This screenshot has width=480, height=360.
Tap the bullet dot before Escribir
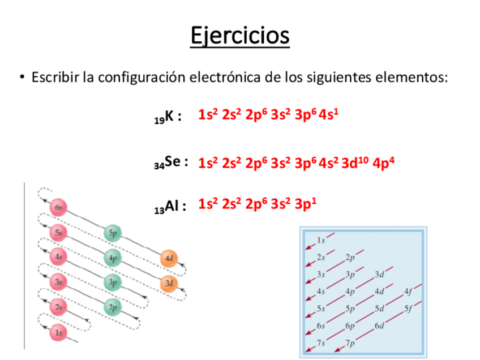(22, 77)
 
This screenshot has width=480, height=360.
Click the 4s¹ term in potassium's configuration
(329, 115)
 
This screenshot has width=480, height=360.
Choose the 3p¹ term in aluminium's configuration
(305, 204)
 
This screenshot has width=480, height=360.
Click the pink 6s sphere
(59, 208)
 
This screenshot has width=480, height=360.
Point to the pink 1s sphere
(59, 333)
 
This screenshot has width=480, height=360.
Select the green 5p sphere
(113, 233)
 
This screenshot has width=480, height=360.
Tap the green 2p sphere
(113, 307)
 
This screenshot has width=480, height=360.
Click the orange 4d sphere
(168, 258)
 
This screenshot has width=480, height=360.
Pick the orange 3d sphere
(168, 282)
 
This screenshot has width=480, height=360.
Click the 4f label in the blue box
(408, 293)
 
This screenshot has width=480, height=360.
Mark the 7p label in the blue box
(350, 342)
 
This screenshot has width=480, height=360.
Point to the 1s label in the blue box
(321, 241)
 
